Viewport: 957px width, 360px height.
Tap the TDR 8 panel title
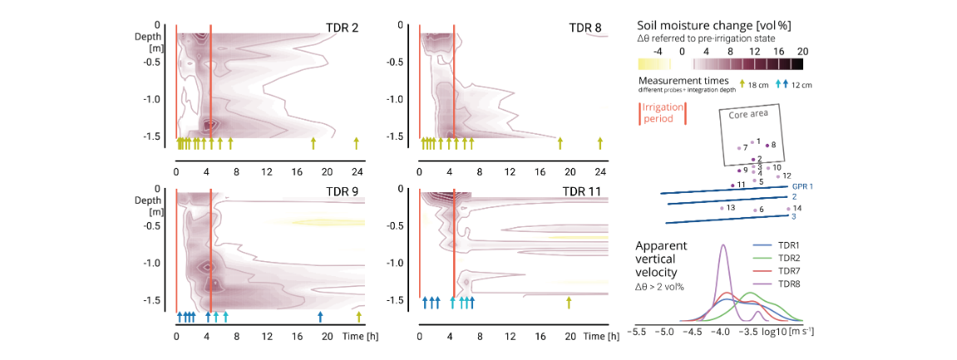[585, 28]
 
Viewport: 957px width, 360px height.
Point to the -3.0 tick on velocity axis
[777, 331]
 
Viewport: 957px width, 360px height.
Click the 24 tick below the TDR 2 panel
[356, 171]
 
